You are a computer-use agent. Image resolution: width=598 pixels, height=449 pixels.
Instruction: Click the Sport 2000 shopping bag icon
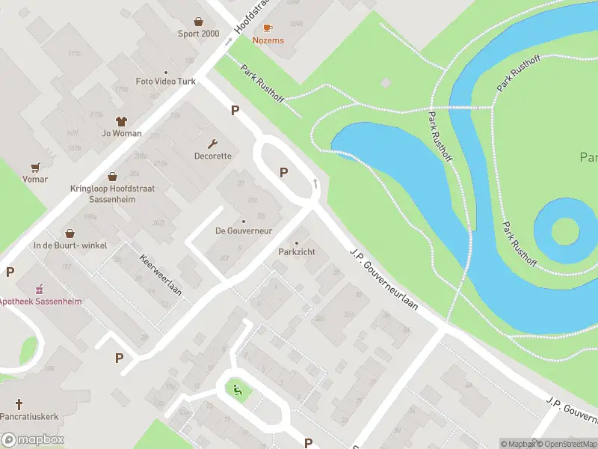(x=198, y=22)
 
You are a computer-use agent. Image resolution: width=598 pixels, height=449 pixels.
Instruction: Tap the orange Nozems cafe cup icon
(x=268, y=28)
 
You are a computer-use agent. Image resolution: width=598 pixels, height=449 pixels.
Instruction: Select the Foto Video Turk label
(x=165, y=81)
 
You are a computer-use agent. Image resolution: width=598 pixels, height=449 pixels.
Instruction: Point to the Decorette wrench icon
(x=213, y=144)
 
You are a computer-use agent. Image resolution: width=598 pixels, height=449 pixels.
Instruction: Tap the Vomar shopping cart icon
(x=34, y=167)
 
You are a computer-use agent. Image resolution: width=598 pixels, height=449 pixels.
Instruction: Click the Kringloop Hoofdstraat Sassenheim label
(x=112, y=194)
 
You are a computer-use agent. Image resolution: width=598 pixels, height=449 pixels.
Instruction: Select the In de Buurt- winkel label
(x=70, y=245)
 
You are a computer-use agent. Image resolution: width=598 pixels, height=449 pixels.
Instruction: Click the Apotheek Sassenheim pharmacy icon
(x=40, y=289)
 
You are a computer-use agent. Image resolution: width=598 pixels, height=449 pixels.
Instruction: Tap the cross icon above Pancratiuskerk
(x=28, y=403)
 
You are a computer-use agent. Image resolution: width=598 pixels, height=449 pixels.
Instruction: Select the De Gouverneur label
(x=243, y=230)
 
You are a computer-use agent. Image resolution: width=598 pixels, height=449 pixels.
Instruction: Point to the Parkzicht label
(x=297, y=252)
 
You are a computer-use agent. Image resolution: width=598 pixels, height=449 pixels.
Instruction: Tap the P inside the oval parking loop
(x=284, y=172)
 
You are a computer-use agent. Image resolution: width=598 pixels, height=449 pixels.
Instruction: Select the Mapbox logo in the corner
(x=33, y=440)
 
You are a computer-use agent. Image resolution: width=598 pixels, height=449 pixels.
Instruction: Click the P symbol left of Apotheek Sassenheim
(x=10, y=272)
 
